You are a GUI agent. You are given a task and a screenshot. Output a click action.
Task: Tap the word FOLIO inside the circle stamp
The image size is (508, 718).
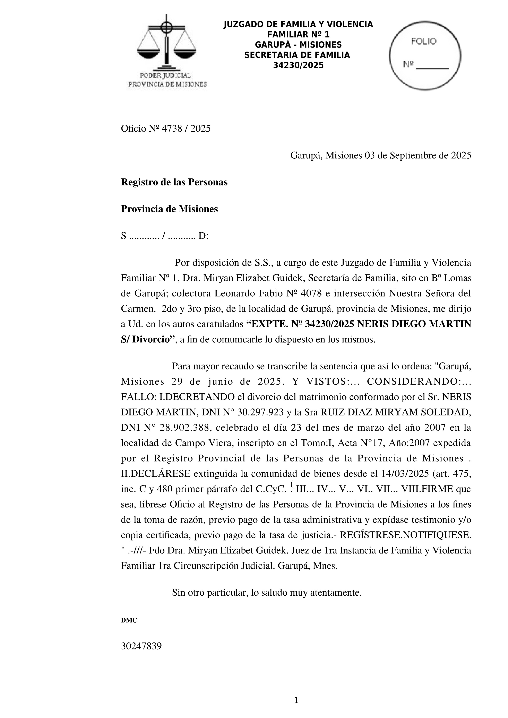tap(424, 41)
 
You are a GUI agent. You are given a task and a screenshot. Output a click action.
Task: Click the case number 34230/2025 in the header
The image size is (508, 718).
tap(298, 65)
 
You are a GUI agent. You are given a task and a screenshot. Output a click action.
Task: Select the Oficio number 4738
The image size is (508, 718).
tap(172, 129)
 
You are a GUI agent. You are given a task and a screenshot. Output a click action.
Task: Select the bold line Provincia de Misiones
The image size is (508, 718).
tap(169, 209)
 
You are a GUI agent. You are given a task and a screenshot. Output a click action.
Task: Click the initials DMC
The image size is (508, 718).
tap(129, 620)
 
